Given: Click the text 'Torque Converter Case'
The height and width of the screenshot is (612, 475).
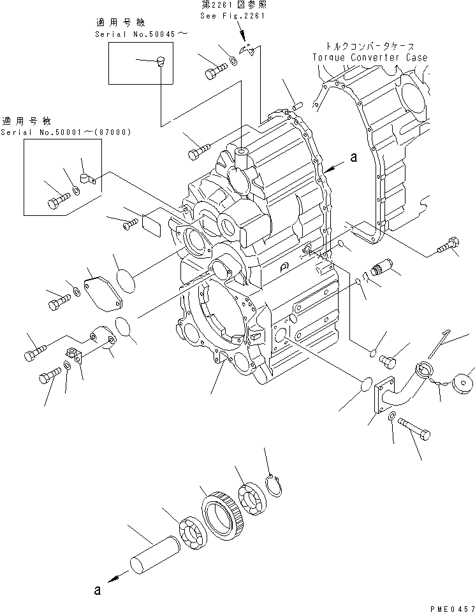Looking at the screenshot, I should coord(370,57).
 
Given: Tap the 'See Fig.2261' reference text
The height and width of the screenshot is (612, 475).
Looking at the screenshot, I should coord(226,18).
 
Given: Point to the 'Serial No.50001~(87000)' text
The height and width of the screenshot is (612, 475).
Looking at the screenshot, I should coord(66,132).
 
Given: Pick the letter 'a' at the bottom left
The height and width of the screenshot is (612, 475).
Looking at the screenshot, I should coord(97,590).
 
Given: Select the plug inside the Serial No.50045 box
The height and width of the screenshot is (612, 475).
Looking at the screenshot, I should coord(159,62).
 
